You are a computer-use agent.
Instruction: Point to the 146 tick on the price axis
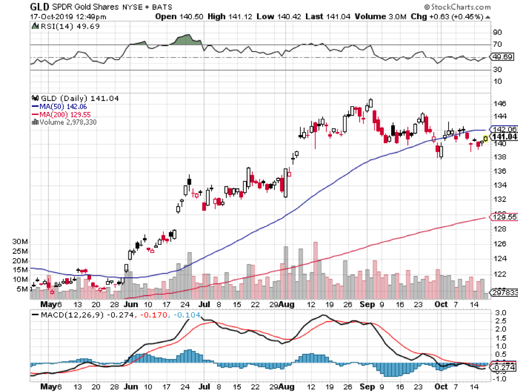click(x=500, y=103)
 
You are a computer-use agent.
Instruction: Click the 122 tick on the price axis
click(x=500, y=274)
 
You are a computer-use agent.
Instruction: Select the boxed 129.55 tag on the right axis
click(x=503, y=216)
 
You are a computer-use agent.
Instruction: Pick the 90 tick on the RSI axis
click(x=497, y=32)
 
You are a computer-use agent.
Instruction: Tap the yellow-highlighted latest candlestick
click(x=485, y=139)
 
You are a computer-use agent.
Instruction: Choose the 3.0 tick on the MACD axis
click(x=500, y=312)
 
